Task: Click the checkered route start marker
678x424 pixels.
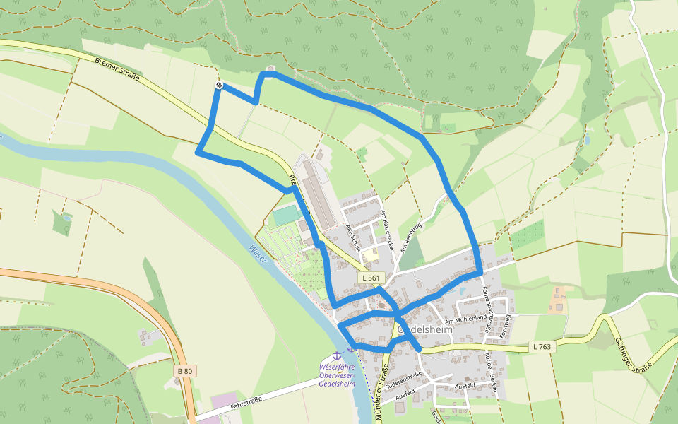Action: [219, 86]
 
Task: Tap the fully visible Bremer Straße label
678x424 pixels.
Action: [117, 69]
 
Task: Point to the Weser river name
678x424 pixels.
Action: [258, 257]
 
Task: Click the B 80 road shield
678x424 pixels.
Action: [185, 370]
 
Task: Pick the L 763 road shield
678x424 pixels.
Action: [542, 346]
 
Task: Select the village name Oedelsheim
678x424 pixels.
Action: [426, 329]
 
